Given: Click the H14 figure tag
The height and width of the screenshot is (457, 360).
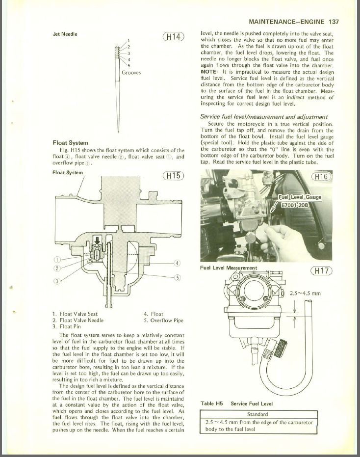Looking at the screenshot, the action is click(173, 37).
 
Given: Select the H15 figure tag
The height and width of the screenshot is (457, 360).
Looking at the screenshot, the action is click(173, 176).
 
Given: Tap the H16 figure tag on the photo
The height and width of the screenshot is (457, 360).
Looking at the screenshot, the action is click(321, 176).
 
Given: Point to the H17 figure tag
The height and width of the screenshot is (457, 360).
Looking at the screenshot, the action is click(321, 271).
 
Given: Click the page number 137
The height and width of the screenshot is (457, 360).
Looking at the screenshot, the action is click(334, 22).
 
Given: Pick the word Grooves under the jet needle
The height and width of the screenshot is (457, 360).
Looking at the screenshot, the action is click(131, 73).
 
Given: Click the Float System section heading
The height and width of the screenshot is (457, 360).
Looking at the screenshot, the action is click(70, 143).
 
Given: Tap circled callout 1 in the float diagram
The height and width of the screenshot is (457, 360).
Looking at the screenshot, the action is click(57, 259).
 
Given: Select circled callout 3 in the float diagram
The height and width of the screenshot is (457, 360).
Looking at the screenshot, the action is click(57, 281).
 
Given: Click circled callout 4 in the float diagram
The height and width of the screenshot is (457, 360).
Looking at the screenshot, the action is click(177, 263).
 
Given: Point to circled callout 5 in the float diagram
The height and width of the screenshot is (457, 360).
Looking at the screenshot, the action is click(177, 277).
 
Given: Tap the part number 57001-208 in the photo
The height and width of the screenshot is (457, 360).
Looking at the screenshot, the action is click(294, 205).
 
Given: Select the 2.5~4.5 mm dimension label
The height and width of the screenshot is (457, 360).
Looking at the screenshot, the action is click(305, 293).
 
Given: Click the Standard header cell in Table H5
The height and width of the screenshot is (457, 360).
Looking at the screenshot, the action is click(257, 414).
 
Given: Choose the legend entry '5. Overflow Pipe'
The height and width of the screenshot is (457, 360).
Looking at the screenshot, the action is click(163, 321).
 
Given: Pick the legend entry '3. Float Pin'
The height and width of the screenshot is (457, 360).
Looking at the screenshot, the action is click(67, 327).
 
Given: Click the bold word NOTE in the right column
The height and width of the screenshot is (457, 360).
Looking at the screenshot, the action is click(209, 72).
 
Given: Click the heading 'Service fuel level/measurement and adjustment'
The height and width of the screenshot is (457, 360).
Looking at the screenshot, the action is click(264, 117).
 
